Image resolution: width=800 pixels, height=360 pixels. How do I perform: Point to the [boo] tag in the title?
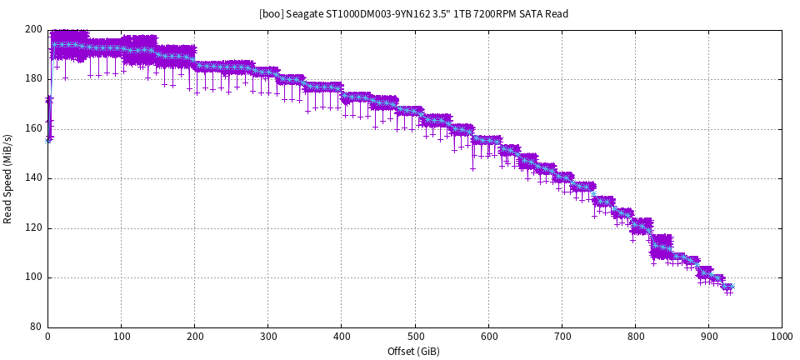(272, 14)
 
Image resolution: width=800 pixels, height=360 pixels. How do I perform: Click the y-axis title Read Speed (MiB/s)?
(8, 178)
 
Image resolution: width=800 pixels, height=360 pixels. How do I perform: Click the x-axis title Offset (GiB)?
(413, 351)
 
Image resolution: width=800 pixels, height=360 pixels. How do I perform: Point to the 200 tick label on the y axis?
(34, 29)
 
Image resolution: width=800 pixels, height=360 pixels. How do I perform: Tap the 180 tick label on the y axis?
(34, 79)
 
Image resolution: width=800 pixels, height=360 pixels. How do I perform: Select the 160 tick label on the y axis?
(34, 128)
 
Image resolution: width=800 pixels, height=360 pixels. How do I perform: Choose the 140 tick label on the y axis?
(34, 178)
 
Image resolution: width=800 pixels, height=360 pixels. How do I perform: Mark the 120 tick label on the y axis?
(34, 227)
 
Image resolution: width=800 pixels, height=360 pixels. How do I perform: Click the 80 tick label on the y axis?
(37, 327)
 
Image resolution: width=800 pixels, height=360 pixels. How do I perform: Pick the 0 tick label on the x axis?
(48, 337)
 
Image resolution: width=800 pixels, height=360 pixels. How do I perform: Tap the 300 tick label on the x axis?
(267, 337)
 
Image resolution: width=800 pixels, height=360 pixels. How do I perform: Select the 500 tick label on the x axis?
(414, 337)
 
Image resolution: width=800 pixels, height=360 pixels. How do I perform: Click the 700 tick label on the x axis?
(562, 337)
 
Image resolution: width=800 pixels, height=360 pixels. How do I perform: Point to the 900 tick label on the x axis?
(708, 337)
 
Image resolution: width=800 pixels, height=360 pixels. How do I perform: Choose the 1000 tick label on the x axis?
(782, 337)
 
